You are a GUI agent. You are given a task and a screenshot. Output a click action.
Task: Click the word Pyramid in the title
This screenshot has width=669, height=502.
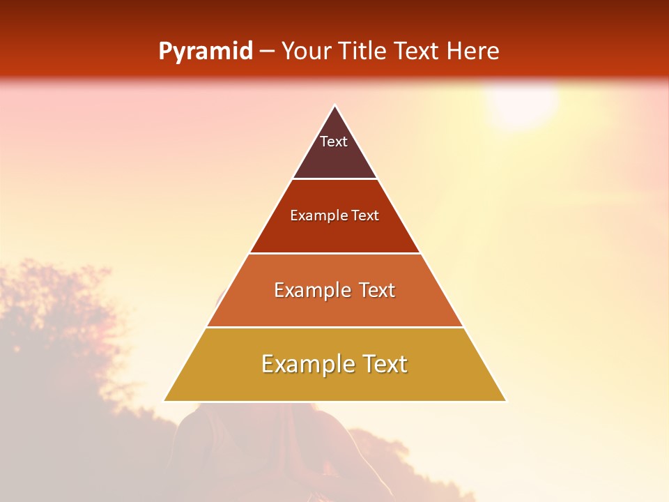point(205,52)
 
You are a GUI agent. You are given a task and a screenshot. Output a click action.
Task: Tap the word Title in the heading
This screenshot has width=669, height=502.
point(364,51)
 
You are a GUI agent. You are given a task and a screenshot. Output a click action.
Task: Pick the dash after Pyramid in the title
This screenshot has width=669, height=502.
point(266,52)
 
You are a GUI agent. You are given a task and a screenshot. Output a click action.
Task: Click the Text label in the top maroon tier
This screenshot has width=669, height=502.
point(334,142)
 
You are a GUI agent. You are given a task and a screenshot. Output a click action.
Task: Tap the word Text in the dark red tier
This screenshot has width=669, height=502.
point(365,215)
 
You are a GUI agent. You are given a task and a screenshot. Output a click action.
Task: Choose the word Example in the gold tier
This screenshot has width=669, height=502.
point(304,364)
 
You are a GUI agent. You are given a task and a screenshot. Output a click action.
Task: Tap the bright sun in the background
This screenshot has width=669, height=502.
point(521,101)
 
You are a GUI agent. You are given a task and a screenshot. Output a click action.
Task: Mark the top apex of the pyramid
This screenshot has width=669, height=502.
point(334,106)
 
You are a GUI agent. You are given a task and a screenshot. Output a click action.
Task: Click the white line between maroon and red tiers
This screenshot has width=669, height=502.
point(334,179)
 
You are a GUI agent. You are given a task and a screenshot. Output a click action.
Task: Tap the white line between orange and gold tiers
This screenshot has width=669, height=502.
point(334,327)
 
